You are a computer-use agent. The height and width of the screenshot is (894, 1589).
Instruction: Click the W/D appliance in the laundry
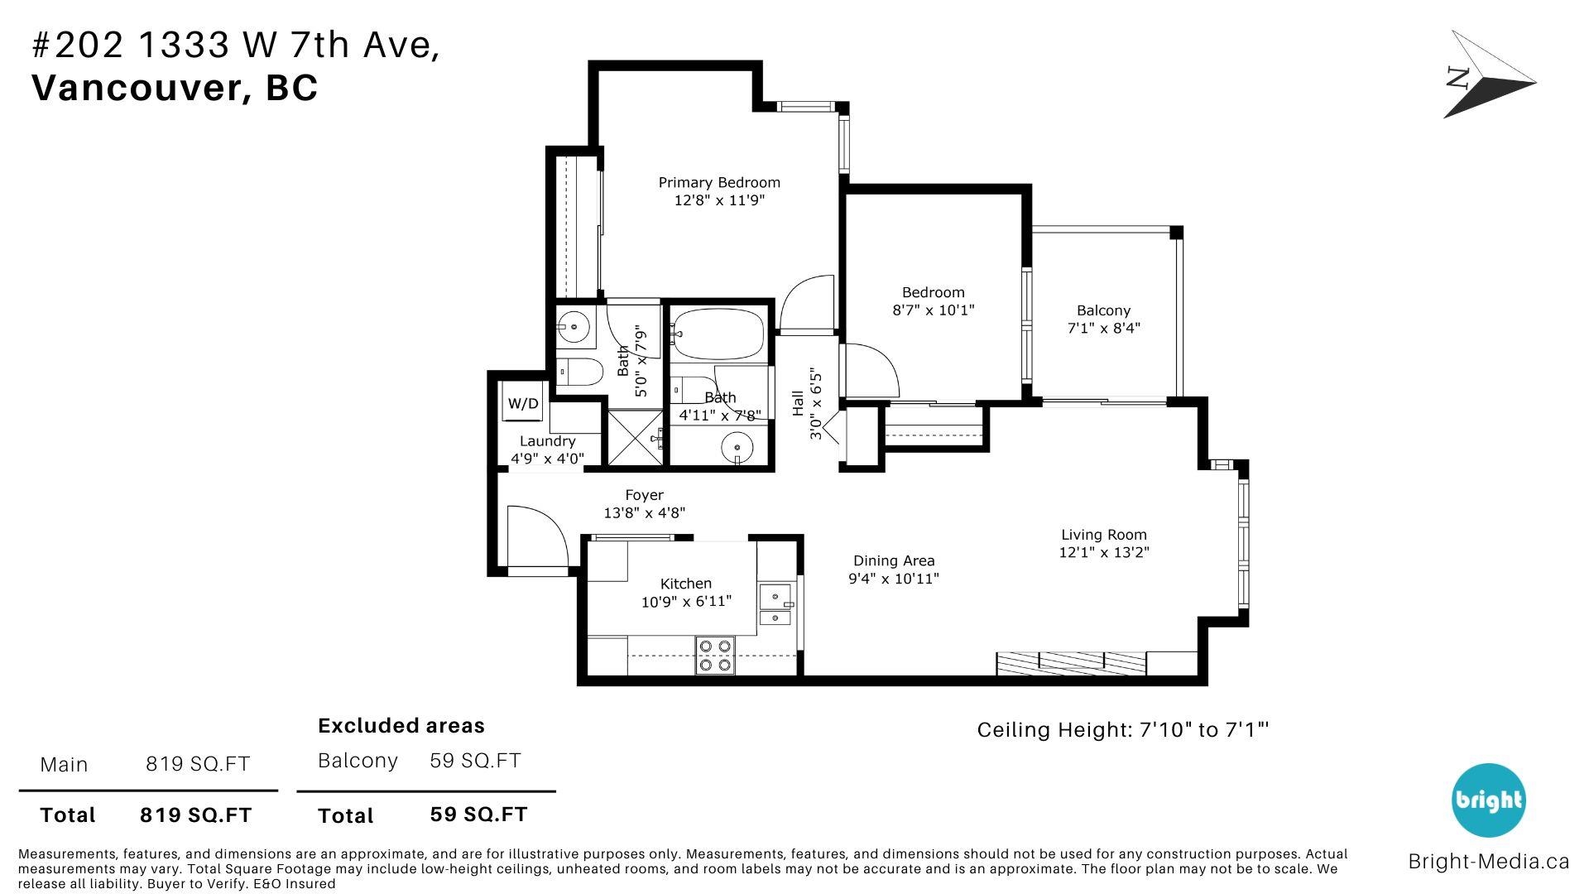pos(523,404)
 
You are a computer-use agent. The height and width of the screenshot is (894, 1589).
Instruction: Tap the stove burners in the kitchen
pos(715,655)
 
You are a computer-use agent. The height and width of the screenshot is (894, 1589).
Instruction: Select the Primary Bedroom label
pos(719,182)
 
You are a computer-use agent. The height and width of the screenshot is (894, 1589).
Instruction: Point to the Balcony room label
pos(1103,310)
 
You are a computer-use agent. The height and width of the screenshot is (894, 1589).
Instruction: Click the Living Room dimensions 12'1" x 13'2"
pos(1104,552)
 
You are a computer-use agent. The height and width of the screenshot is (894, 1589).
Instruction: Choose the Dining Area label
pos(894,560)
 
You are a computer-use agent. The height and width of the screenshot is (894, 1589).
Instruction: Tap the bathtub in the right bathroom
pos(718,334)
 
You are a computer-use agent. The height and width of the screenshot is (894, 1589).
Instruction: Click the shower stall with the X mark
pos(636,437)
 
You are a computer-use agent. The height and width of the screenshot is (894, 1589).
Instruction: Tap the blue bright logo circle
pos(1489,800)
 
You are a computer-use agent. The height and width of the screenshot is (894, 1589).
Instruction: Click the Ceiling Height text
pos(1123,730)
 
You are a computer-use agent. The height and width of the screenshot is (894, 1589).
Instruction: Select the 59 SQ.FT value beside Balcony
pos(475,761)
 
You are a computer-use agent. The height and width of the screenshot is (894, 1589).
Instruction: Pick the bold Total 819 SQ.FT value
pos(195,815)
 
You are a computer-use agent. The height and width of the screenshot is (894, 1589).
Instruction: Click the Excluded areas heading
pos(401,726)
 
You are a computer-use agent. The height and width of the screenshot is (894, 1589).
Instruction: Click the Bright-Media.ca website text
pos(1488,862)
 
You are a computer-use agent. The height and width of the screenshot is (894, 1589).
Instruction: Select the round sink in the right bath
pos(737,449)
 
